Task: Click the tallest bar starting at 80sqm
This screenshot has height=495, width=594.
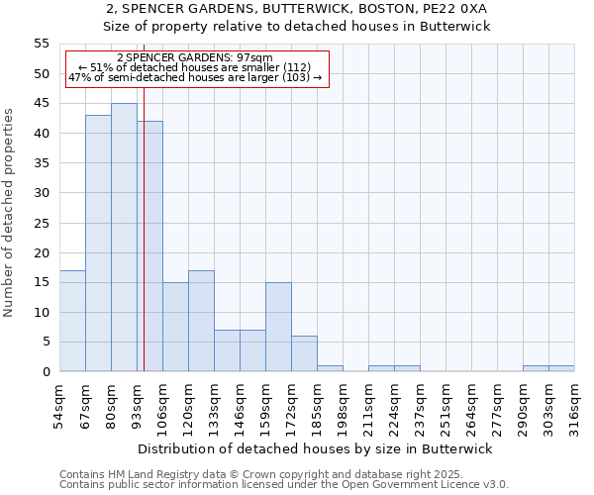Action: click(x=124, y=238)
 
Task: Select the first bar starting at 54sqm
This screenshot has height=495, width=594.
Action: click(x=72, y=321)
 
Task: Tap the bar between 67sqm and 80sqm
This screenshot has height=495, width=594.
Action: click(x=98, y=244)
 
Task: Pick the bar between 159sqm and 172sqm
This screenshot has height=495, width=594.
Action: click(x=278, y=327)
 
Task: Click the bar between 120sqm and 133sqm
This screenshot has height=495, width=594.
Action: click(x=201, y=321)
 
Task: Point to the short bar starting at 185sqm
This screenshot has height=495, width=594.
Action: click(x=330, y=368)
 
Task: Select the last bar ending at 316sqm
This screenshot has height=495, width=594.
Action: click(x=561, y=368)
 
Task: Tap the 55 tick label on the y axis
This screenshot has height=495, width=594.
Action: click(x=41, y=44)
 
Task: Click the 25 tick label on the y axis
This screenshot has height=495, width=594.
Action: click(x=41, y=223)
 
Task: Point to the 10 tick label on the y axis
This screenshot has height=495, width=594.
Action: click(x=41, y=312)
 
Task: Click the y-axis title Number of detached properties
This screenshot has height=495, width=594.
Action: click(x=10, y=213)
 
